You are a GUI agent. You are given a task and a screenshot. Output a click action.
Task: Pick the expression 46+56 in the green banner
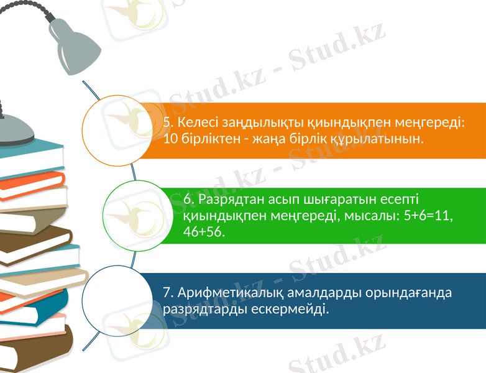click(x=204, y=232)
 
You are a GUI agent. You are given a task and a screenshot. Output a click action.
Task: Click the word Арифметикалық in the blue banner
click(x=229, y=292)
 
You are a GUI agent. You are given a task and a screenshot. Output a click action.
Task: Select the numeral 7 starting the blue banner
click(x=166, y=292)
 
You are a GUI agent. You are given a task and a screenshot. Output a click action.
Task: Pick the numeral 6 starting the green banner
click(x=187, y=200)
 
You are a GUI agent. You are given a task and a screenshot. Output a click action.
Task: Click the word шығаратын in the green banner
click(x=334, y=200)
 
